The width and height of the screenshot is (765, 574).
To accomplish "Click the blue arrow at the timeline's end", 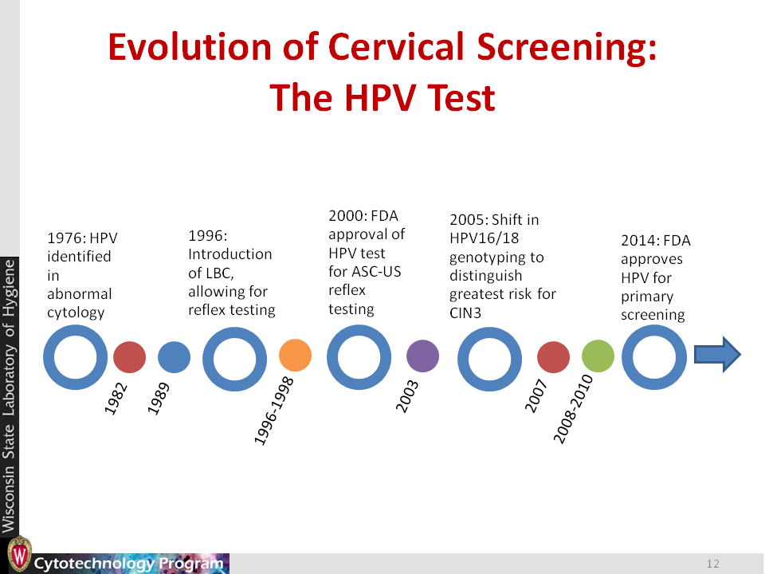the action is [x=717, y=355].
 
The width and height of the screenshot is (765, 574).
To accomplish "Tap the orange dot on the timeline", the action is [x=295, y=355].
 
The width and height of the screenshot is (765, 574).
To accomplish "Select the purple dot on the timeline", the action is [x=422, y=356].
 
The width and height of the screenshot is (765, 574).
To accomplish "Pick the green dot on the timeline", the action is [x=598, y=356].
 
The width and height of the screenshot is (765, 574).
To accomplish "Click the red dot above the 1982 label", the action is [x=129, y=357].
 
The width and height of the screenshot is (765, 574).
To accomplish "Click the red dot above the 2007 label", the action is [x=553, y=357].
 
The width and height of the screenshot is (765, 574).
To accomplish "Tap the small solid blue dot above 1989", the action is [x=175, y=357].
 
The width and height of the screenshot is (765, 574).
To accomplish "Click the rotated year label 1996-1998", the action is [x=274, y=411].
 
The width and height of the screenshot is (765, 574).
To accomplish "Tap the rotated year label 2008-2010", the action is [x=573, y=409].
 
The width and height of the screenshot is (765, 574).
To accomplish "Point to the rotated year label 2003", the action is [x=407, y=396].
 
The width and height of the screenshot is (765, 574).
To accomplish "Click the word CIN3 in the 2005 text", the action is [x=465, y=313].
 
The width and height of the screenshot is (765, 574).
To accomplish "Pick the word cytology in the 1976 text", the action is [x=76, y=313].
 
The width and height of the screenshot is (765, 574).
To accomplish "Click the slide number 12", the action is [x=712, y=564].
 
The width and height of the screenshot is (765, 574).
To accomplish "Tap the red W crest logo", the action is [x=19, y=555].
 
